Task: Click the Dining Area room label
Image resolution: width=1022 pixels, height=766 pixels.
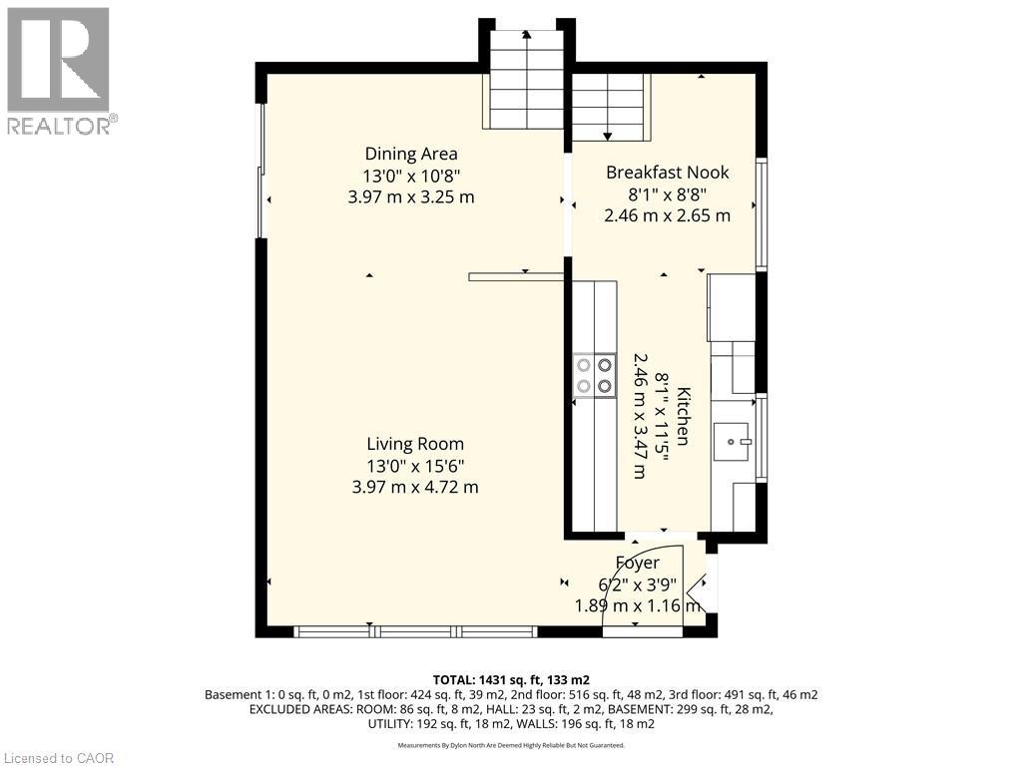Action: point(411,154)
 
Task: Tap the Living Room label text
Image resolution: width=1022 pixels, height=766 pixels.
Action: point(415,444)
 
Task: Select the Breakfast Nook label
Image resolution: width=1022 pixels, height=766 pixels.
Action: point(668,173)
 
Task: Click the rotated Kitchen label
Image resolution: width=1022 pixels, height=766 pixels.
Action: point(683,416)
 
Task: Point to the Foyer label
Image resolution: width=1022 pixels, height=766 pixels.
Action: point(638,563)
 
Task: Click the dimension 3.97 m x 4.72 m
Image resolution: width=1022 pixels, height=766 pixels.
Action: point(415,487)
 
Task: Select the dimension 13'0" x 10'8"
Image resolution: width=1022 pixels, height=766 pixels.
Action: point(411,176)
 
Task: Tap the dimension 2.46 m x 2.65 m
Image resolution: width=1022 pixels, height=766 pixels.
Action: point(668,215)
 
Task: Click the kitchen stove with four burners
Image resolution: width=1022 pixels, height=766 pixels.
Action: point(595,376)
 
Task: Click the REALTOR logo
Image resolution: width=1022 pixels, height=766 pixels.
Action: point(59,72)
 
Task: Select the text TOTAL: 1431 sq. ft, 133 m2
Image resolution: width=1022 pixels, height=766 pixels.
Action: point(511,680)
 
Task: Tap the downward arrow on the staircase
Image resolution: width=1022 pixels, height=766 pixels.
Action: point(608,108)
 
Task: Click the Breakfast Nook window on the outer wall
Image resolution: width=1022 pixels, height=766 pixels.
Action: point(761,213)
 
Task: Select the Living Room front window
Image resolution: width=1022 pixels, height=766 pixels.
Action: point(415,630)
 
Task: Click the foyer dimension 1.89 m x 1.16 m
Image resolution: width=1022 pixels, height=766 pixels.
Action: point(638,605)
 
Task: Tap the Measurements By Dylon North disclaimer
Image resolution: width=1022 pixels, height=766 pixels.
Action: point(511,745)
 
